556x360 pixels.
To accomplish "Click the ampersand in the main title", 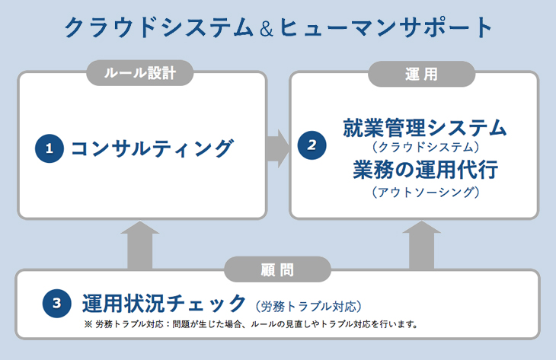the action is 267,29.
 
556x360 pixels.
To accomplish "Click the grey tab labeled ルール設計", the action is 140,73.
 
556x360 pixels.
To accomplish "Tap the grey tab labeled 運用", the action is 421,74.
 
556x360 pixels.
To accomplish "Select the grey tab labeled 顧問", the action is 278,269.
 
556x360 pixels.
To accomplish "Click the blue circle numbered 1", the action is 50,148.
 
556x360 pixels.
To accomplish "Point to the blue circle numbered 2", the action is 312,145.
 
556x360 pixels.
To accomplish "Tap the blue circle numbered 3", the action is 56,304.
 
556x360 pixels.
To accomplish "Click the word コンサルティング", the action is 152,148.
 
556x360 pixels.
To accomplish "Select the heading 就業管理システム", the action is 425,128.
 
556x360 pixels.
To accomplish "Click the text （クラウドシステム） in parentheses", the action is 426,147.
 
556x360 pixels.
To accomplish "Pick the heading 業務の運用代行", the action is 426,170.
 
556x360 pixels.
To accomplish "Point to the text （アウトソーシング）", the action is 426,192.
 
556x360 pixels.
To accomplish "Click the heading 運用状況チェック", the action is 164,304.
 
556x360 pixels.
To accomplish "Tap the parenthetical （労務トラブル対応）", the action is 308,306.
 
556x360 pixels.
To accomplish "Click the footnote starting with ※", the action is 251,324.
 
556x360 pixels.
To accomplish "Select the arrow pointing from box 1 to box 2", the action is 278,148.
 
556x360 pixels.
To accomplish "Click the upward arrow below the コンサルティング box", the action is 139,245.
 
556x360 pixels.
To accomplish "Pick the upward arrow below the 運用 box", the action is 422,245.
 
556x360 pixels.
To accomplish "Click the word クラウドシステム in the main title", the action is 159,27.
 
